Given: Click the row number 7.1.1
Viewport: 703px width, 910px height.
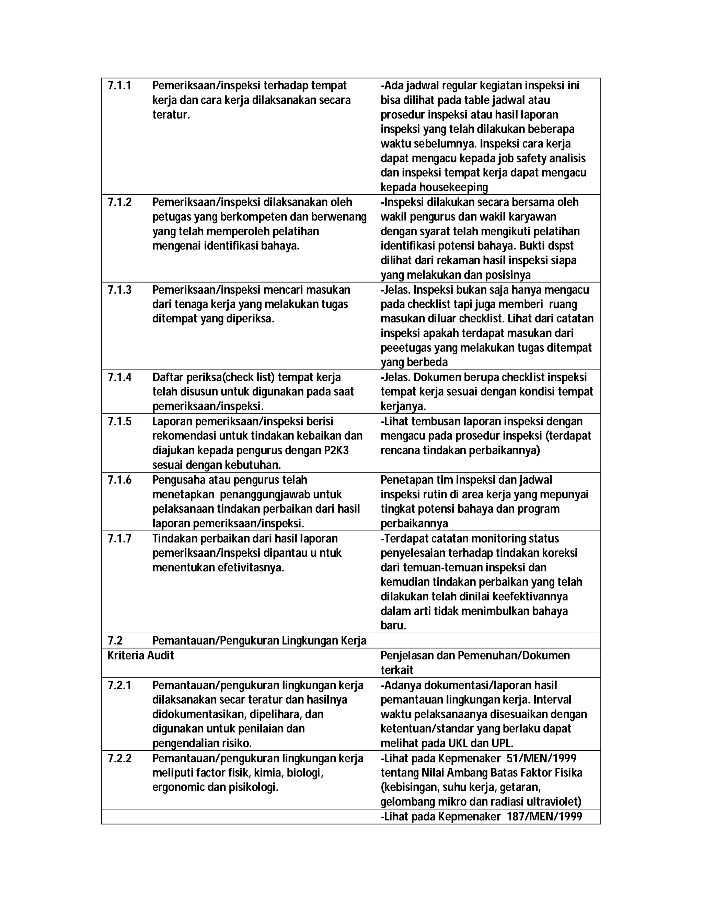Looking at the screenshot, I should click(119, 86).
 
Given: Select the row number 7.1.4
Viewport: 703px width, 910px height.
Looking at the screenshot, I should click(119, 377).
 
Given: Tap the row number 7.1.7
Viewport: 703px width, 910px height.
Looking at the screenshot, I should click(119, 539).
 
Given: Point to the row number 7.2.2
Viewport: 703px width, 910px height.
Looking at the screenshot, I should click(119, 758).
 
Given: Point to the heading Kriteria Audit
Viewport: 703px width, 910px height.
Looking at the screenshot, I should click(140, 656).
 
